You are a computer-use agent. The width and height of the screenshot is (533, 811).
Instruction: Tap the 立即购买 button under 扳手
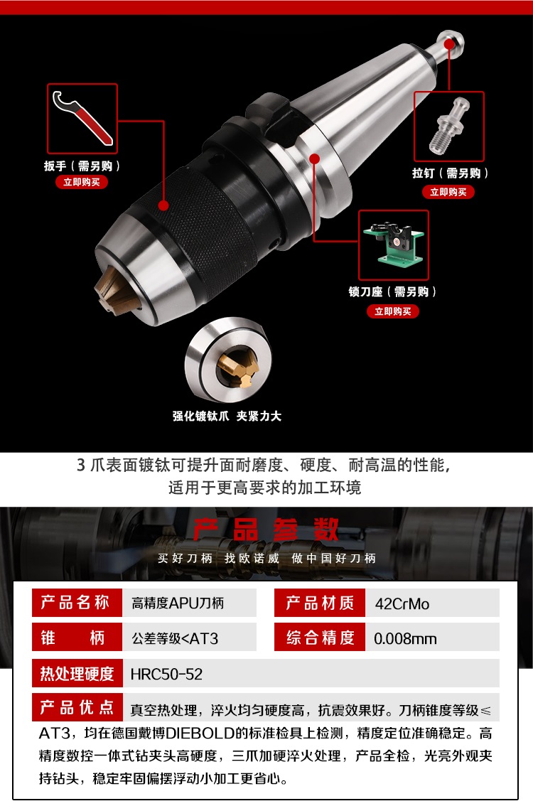coord(82,182)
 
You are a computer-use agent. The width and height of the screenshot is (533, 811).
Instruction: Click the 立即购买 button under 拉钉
coord(448,192)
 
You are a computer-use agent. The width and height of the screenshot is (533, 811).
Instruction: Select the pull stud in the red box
coord(448,127)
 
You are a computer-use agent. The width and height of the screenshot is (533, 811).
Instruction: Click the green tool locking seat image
coord(394,244)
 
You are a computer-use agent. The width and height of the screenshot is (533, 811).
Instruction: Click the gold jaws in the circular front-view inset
coord(237,367)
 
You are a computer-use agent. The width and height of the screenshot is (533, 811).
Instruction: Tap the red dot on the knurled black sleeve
coord(164,205)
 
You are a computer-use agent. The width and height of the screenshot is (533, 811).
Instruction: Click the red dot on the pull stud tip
coord(449,44)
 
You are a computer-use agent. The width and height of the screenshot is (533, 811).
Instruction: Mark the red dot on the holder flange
coord(314,159)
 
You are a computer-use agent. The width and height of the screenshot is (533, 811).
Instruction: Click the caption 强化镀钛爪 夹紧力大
coord(227,416)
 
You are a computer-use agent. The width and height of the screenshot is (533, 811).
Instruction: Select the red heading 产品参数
coord(266,529)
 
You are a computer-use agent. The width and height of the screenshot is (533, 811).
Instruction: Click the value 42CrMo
coord(402,603)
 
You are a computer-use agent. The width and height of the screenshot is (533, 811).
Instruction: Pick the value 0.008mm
coord(405,639)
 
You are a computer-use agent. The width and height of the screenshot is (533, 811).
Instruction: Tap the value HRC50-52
coord(166,674)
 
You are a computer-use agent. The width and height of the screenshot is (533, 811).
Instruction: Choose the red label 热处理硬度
coord(77,673)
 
